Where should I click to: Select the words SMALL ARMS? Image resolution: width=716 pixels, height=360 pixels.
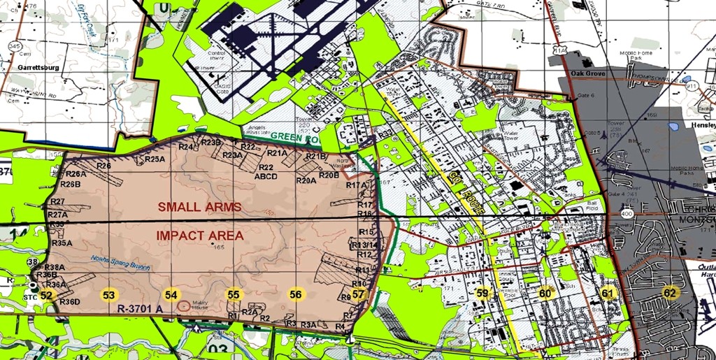click(x=199, y=207)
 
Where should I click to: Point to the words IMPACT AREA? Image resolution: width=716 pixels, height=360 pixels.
click(x=200, y=236)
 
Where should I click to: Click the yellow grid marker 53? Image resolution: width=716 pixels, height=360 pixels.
click(x=108, y=295)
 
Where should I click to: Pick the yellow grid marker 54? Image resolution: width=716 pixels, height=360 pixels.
click(x=171, y=295)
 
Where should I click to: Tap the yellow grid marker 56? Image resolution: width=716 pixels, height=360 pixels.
click(x=296, y=295)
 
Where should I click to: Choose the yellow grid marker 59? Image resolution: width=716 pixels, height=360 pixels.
click(x=482, y=294)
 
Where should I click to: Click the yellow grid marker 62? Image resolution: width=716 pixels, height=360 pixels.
click(x=670, y=293)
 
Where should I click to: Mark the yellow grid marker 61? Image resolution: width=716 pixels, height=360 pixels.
click(x=608, y=294)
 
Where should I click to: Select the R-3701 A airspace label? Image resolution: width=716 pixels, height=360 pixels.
click(x=140, y=308)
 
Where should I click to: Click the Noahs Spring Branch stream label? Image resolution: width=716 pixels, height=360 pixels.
click(x=121, y=259)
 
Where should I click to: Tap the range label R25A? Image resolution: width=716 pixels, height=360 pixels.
click(x=155, y=159)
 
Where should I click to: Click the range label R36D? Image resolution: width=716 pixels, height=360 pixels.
click(x=70, y=302)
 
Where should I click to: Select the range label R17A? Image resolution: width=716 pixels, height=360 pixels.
click(x=357, y=185)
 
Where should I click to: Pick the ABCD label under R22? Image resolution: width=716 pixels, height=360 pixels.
click(x=266, y=177)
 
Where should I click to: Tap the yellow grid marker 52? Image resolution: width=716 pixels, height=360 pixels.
click(x=46, y=296)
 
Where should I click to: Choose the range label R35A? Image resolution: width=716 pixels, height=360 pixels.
click(x=62, y=243)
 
